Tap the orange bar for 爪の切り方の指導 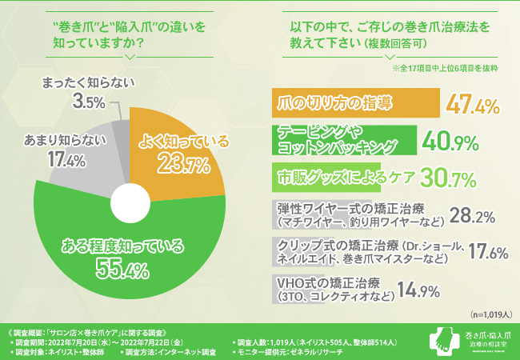pyautogui.click(x=330, y=105)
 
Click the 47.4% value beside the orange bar pyautogui.click(x=473, y=106)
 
